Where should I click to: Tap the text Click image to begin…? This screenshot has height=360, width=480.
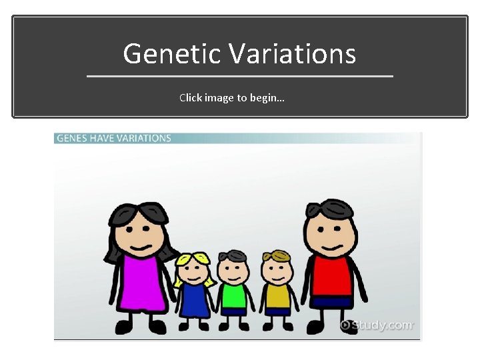(232, 98)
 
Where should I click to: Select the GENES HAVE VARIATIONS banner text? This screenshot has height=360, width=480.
(114, 138)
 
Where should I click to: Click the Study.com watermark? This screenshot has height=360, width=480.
(377, 325)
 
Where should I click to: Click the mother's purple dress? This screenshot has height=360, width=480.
(143, 283)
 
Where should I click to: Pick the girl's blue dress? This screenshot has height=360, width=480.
(194, 300)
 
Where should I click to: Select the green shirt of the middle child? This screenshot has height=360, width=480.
(233, 295)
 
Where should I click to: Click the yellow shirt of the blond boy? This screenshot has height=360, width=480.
(276, 295)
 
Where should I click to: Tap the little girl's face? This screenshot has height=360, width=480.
(194, 271)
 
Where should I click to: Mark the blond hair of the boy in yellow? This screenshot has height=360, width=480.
(276, 256)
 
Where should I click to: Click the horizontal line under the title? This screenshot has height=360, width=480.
(240, 77)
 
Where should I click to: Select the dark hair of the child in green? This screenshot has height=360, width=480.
(233, 255)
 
